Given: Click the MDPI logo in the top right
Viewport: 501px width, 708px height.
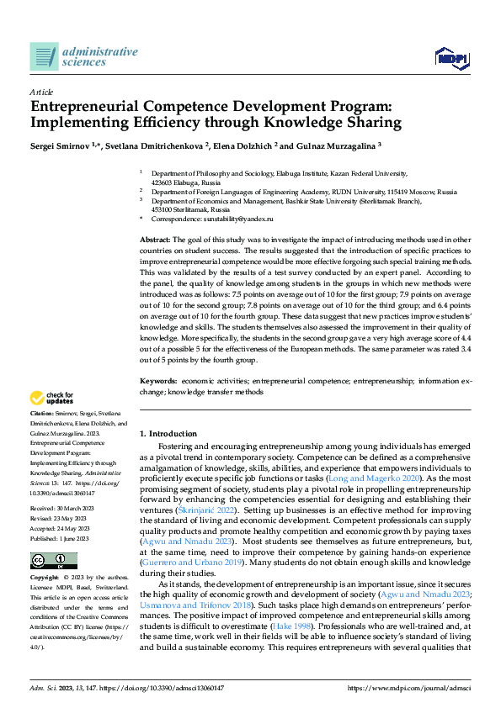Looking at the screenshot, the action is tap(450, 57).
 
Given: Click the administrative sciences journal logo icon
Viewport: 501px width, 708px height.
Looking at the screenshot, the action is tap(44, 56).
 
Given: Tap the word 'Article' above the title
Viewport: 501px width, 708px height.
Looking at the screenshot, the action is tap(41, 92).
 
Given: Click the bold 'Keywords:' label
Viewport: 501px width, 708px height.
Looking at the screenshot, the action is tap(158, 381).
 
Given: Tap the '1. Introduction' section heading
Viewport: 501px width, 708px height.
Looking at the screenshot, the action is tap(168, 433).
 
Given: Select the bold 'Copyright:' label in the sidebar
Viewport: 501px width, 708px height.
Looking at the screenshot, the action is tap(45, 579).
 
